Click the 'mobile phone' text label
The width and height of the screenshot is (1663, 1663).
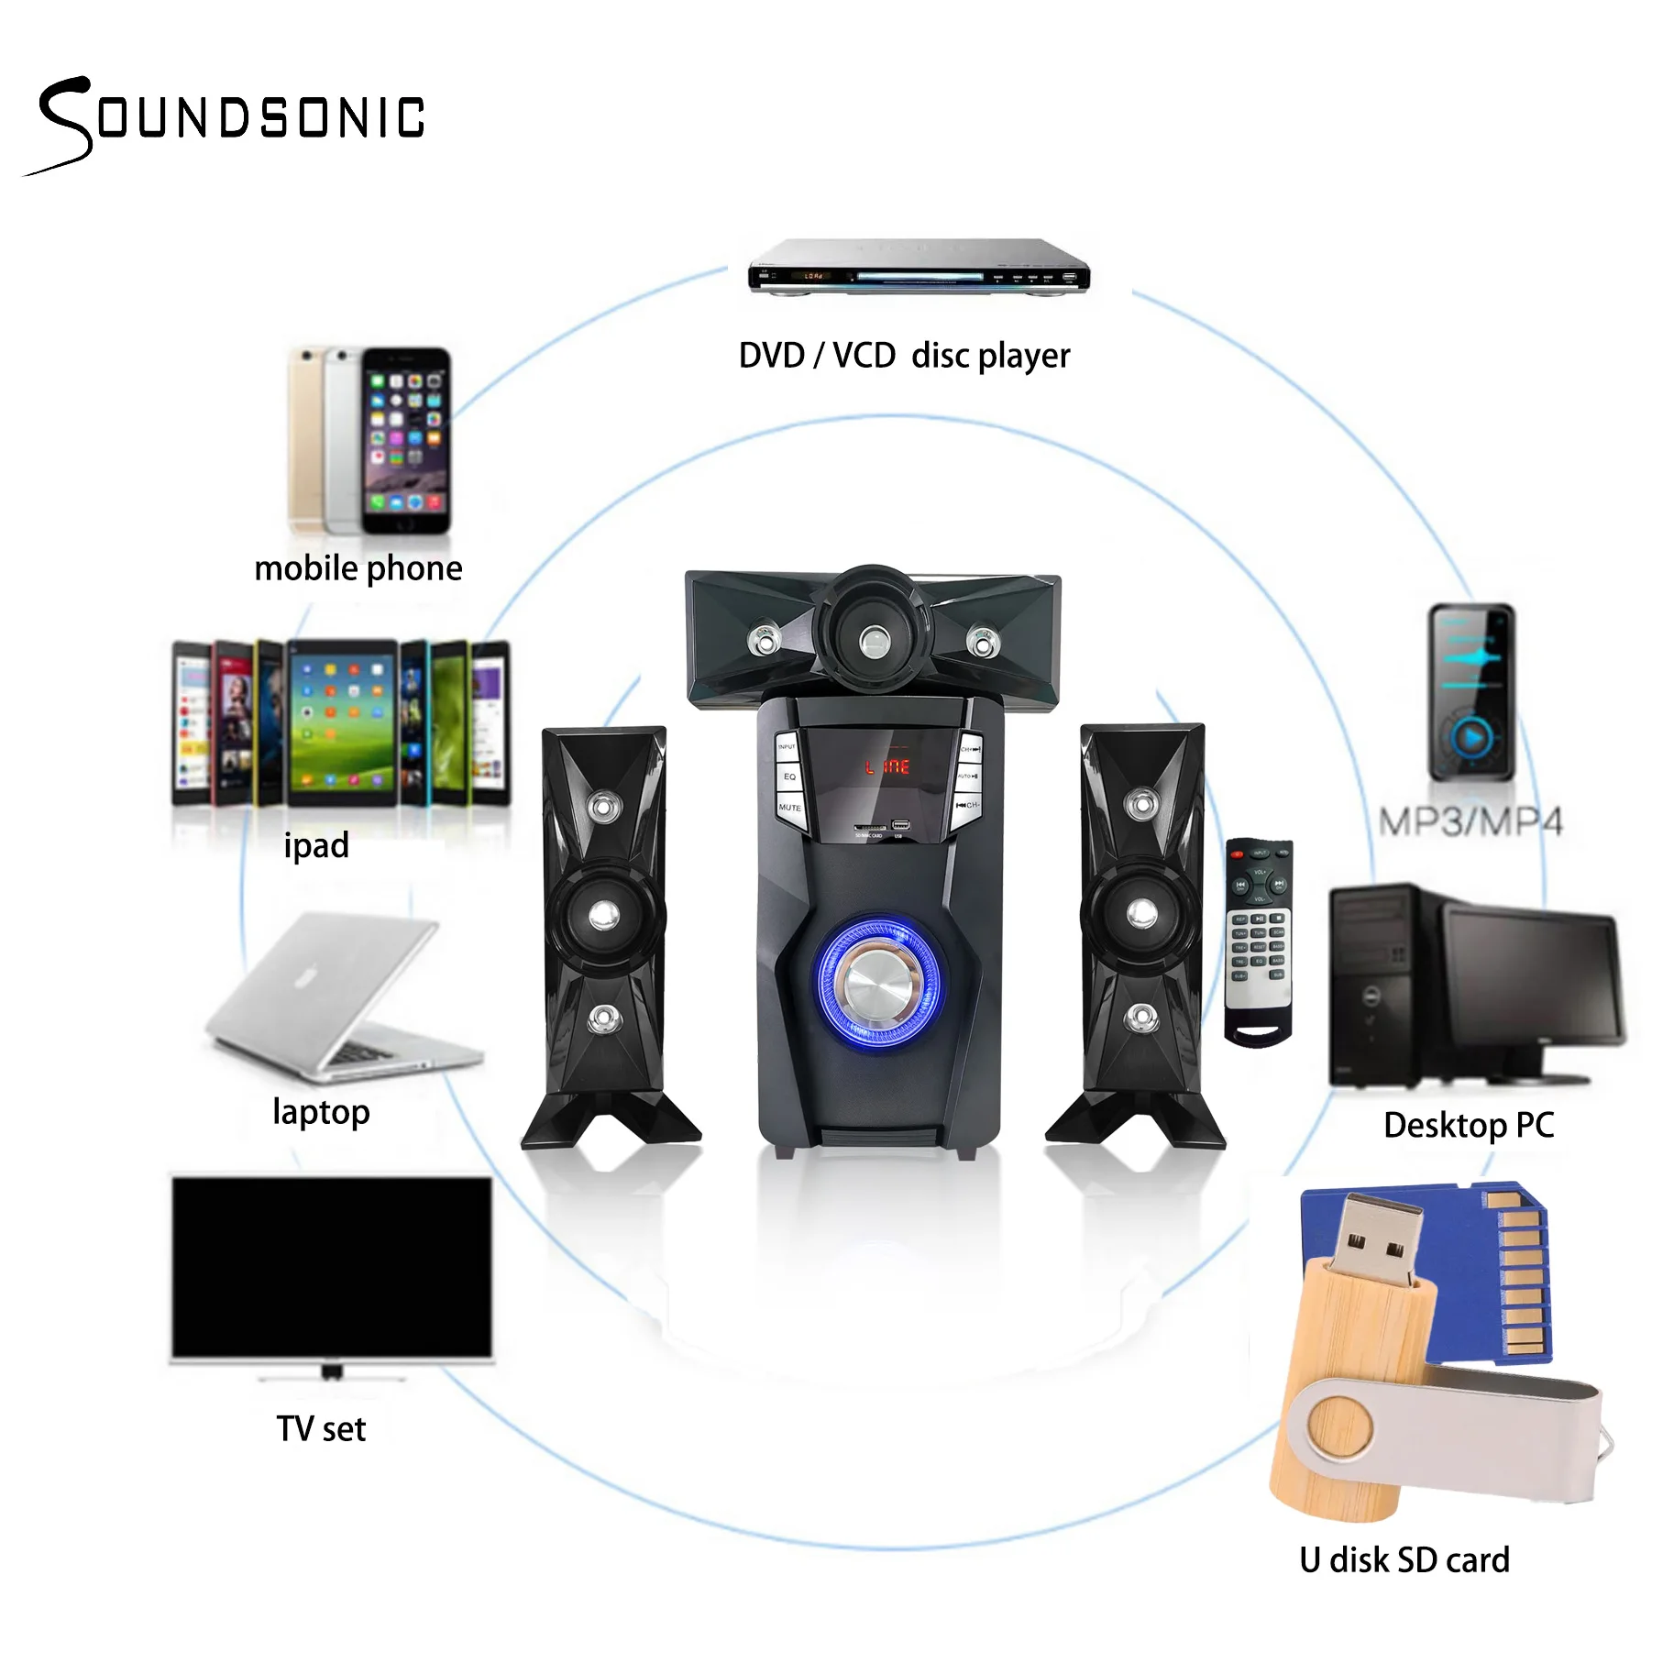(x=358, y=569)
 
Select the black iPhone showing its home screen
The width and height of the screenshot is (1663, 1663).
(x=405, y=440)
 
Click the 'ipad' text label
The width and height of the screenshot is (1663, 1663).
(x=316, y=845)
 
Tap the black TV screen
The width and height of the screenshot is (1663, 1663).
(x=332, y=1267)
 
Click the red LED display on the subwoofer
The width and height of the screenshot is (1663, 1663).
(x=887, y=766)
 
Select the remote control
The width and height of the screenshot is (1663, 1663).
(x=1260, y=940)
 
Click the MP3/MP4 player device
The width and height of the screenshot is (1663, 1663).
(x=1471, y=692)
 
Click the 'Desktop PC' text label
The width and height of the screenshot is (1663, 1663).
(x=1469, y=1126)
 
